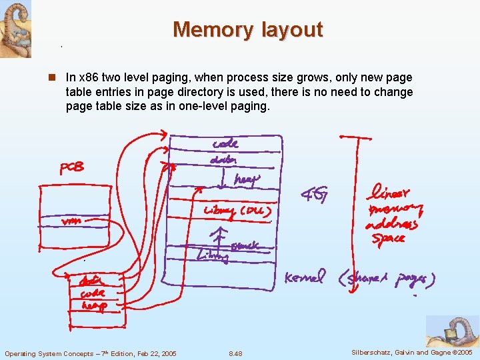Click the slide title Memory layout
click(x=247, y=30)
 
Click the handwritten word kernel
click(x=305, y=277)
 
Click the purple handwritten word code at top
click(x=225, y=143)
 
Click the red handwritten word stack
click(x=245, y=246)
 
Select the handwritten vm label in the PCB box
click(x=71, y=221)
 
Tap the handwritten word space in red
click(x=389, y=238)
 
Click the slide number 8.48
click(x=235, y=353)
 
